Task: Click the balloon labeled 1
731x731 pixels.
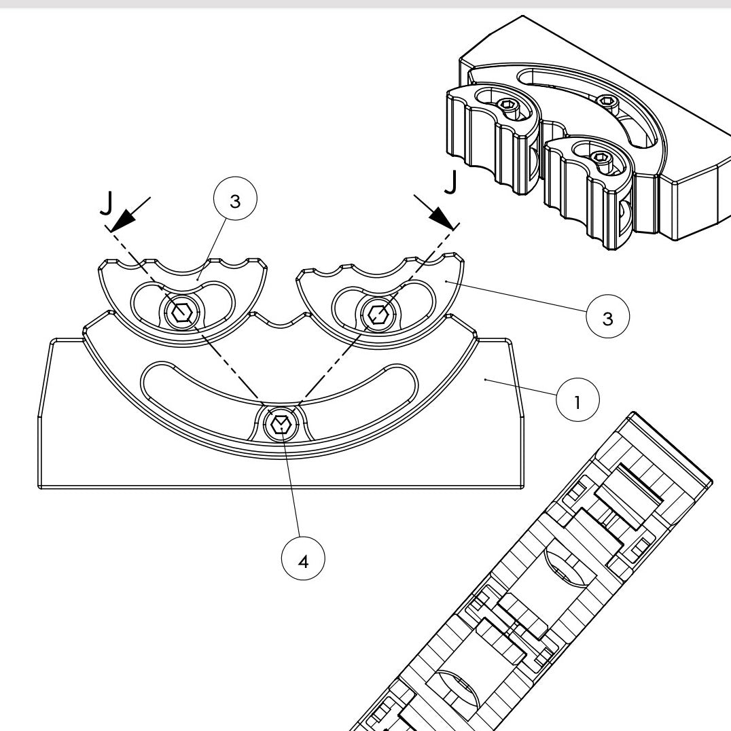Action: coord(577,402)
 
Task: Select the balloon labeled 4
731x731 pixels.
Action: coord(303,562)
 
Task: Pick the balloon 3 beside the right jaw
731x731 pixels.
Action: coord(607,318)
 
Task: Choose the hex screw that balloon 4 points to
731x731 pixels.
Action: coord(279,425)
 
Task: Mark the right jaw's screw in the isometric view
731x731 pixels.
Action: coord(602,158)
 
